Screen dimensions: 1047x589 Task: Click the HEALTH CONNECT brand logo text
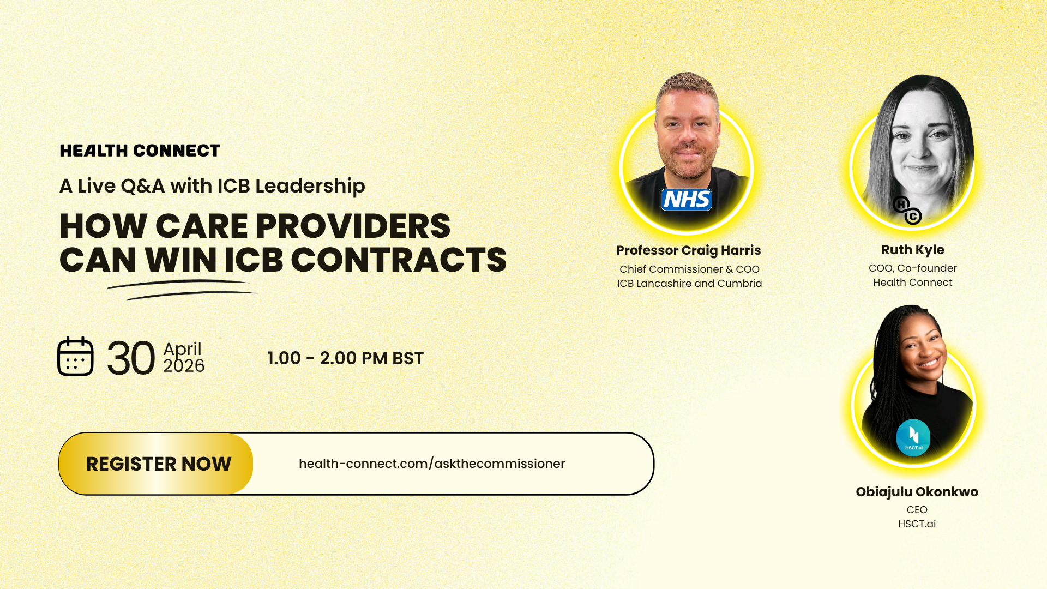[x=140, y=151]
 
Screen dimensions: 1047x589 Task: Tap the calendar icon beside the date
[x=75, y=356]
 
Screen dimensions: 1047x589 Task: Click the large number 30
[x=131, y=358]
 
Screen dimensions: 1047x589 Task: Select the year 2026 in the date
[x=184, y=366]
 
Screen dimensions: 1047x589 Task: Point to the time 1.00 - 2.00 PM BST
[x=345, y=358]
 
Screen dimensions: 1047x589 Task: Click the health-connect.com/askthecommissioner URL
[x=432, y=464]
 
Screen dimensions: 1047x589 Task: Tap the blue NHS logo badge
[x=687, y=200]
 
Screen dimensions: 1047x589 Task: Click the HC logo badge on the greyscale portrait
[x=907, y=211]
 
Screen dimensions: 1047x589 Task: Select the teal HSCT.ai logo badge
[x=913, y=437]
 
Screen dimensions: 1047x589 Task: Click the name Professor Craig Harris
[x=688, y=250]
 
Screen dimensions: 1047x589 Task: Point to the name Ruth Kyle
[x=913, y=250]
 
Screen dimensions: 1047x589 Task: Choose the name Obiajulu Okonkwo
[x=917, y=492]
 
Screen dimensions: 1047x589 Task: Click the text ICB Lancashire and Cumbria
[x=689, y=284]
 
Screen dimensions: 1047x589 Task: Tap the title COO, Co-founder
[x=913, y=268]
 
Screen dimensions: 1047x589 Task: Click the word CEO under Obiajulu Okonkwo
[x=917, y=510]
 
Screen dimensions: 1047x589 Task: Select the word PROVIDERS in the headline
[x=353, y=226]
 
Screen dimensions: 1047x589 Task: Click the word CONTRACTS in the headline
[x=399, y=260]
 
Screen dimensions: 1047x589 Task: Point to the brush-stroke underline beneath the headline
[x=182, y=290]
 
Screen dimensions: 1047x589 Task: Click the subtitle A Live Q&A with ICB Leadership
[x=212, y=186]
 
